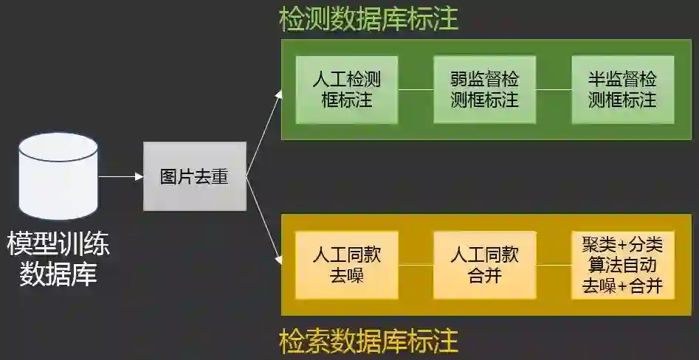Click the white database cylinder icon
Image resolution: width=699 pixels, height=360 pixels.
[58, 176]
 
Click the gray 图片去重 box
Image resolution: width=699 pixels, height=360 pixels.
[194, 176]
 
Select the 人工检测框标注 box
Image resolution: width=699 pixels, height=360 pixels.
[346, 89]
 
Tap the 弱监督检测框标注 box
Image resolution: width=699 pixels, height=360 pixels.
[484, 89]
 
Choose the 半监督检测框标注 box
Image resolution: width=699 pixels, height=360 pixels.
[622, 89]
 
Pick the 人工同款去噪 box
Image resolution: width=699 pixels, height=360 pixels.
[346, 265]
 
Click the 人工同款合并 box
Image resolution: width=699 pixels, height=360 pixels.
[484, 265]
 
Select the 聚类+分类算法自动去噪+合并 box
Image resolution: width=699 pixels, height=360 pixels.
[622, 265]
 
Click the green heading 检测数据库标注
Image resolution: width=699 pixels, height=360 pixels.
[368, 20]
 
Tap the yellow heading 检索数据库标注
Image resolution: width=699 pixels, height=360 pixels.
[368, 342]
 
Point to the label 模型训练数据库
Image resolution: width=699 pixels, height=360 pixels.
[58, 258]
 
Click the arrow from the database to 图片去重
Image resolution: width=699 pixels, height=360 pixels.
[120, 176]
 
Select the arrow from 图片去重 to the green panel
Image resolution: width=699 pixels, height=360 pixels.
[264, 133]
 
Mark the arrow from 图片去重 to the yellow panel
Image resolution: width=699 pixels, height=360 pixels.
[264, 221]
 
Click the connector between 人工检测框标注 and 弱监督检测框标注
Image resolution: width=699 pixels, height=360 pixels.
[416, 90]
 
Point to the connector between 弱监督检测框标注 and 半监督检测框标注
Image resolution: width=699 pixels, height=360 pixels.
[554, 90]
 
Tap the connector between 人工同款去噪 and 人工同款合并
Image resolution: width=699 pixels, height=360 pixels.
[416, 265]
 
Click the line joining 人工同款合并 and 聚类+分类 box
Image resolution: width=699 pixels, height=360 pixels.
[554, 265]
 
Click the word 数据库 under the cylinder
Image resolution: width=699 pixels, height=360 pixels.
[58, 274]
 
